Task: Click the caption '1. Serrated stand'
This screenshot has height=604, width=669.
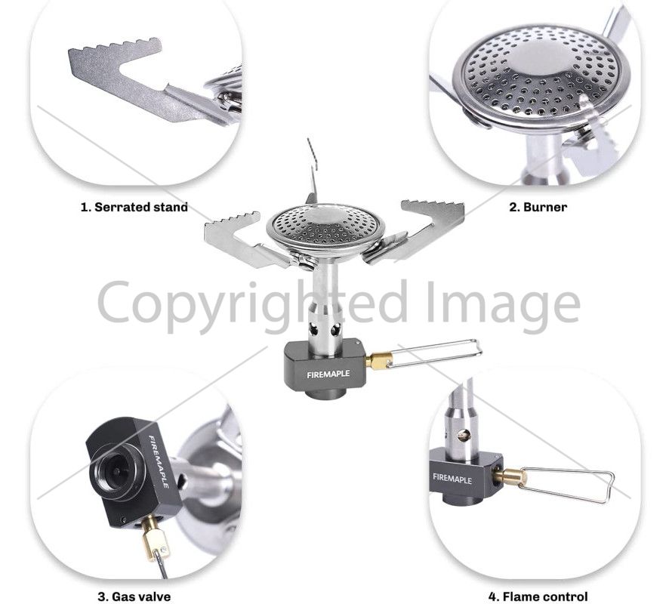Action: coord(134,207)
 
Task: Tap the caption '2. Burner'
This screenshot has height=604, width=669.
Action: coord(538,207)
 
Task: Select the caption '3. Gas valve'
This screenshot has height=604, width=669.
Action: coord(134,596)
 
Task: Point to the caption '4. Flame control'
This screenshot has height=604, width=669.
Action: coord(538,596)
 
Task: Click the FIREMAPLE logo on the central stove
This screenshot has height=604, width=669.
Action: coord(328,374)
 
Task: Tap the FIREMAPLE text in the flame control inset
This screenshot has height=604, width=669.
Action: coord(452,478)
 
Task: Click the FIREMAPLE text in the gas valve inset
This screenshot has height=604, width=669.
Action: coord(159,461)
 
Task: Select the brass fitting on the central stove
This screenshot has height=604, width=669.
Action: coord(379,360)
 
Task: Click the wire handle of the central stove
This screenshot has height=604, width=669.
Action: coord(435,353)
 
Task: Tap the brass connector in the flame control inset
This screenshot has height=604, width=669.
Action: coord(510,475)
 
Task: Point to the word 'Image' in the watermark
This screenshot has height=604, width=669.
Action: coord(504,302)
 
